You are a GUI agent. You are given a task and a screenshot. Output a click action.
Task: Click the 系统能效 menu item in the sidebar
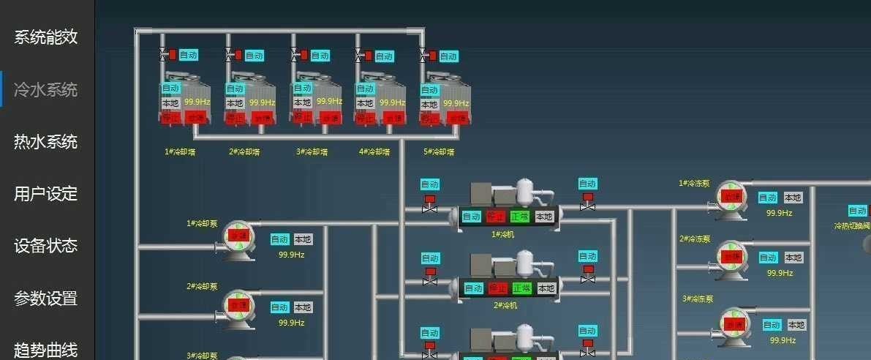coord(45,37)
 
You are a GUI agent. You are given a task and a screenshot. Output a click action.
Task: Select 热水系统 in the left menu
coord(45,141)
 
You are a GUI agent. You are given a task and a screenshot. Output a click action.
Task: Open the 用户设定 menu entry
coord(45,194)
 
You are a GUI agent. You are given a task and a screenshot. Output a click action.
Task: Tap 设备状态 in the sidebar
coord(45,246)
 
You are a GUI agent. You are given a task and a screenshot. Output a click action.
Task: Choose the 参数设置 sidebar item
coord(45,299)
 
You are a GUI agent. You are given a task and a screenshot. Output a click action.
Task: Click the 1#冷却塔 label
coord(180,152)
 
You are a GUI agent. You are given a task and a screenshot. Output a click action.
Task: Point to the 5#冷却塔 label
coord(439,152)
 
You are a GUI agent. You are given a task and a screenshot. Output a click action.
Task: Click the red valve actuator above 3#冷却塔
coord(304,55)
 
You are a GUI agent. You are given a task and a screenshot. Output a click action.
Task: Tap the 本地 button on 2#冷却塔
coord(235,103)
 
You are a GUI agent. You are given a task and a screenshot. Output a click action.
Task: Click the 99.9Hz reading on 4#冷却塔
coord(392,103)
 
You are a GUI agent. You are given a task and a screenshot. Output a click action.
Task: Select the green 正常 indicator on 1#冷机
coord(521,217)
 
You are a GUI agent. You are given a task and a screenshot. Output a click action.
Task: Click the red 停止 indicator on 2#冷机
coord(497,288)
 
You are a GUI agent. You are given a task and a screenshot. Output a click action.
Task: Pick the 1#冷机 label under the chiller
coord(504,235)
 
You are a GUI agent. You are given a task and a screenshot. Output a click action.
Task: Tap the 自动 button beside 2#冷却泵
coord(280,307)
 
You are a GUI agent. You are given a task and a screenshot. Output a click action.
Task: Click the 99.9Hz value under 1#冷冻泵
coord(780,213)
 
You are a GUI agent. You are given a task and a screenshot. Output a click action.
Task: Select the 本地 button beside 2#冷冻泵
coord(793,258)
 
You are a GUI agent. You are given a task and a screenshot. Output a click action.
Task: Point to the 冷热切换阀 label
coord(853,226)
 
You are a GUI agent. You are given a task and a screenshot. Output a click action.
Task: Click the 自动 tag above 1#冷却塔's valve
coord(189,55)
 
